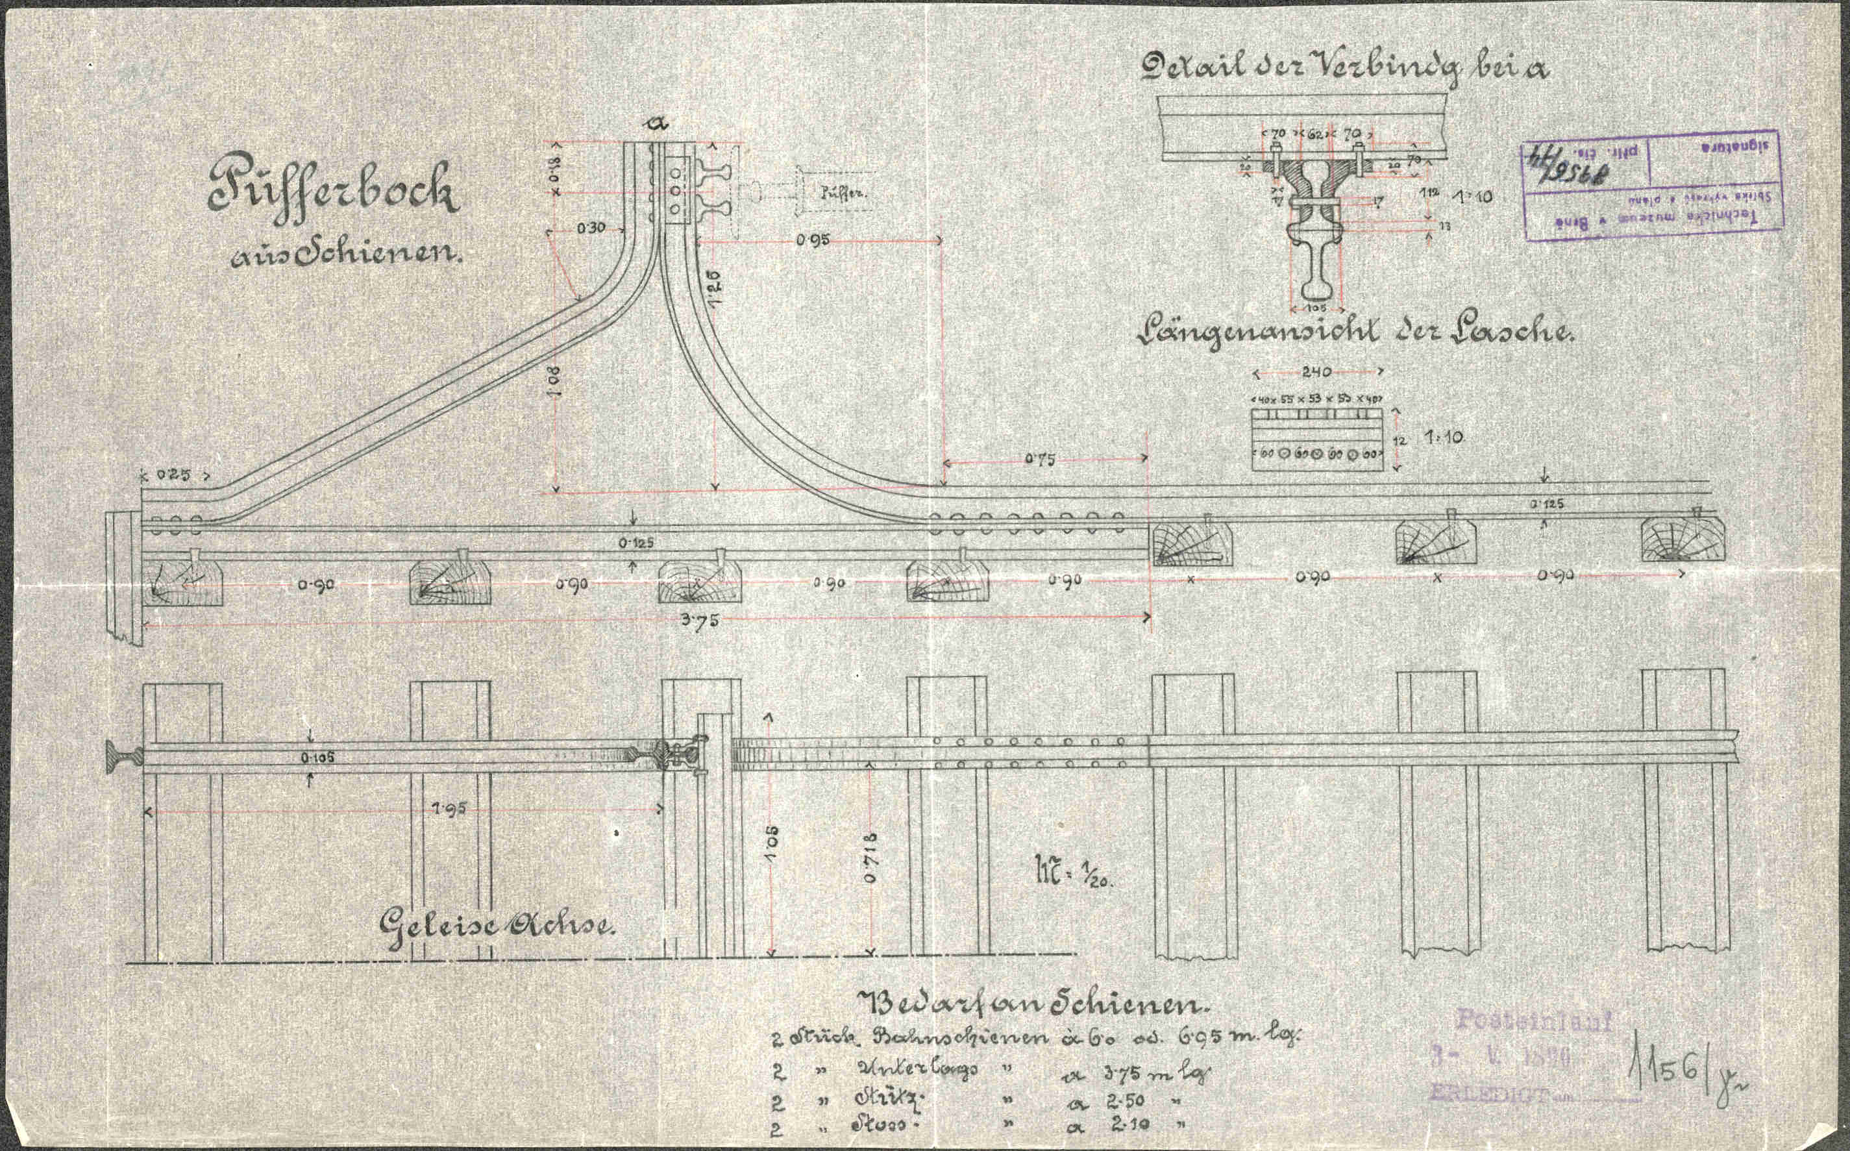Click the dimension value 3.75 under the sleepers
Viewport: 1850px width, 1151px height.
point(701,620)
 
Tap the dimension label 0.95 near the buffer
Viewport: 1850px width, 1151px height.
point(813,239)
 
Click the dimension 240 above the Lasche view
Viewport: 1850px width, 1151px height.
point(1316,371)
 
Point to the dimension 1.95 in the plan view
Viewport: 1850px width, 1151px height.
point(450,808)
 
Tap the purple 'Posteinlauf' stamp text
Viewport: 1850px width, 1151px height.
point(1534,1020)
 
